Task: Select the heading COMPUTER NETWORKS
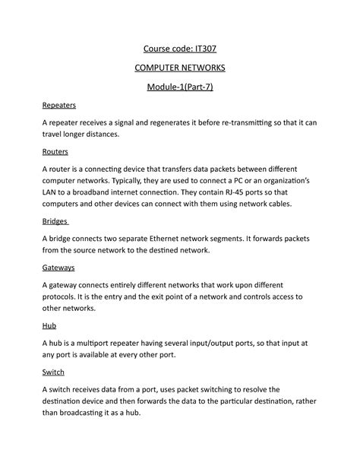pos(180,68)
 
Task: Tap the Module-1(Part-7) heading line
pos(180,87)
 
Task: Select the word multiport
pos(104,342)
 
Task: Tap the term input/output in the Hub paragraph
pos(219,342)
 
